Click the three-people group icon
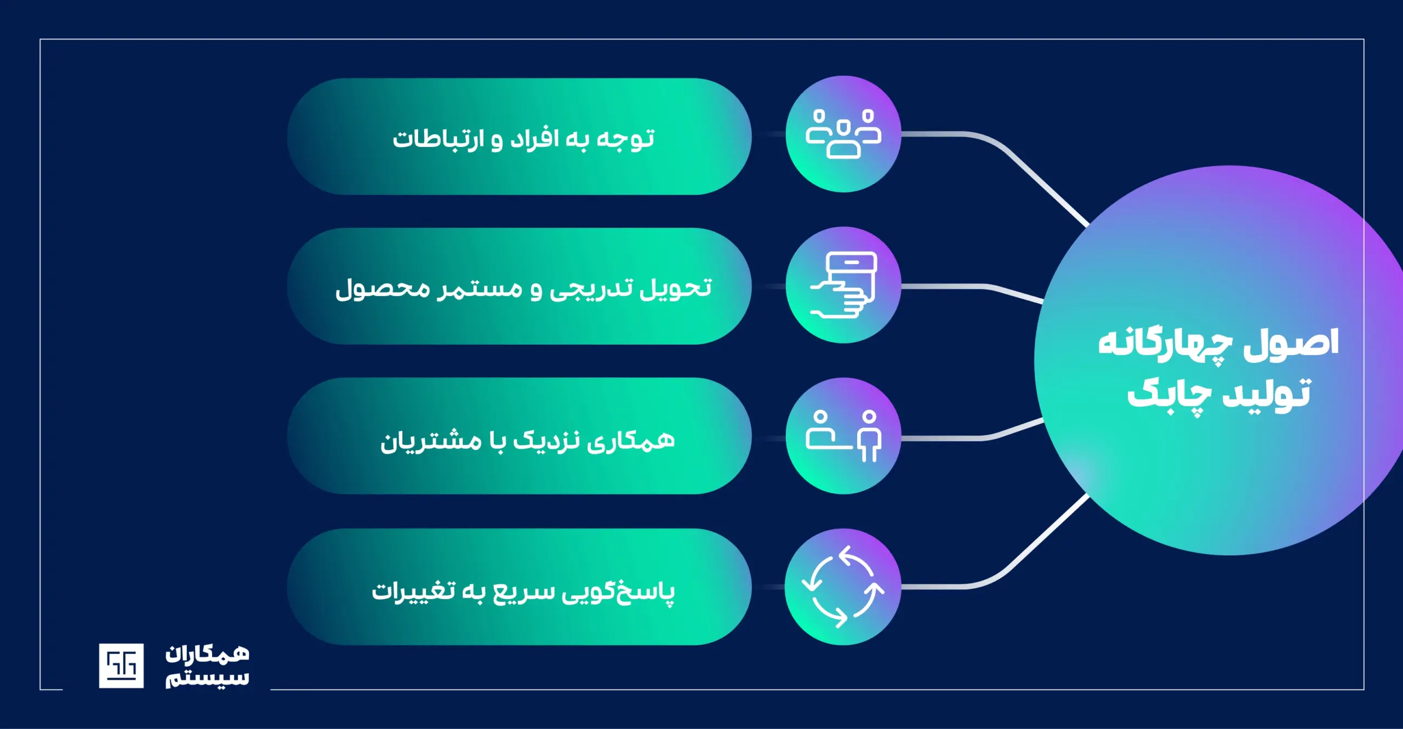(x=843, y=134)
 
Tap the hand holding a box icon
(x=843, y=284)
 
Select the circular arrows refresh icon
(x=843, y=586)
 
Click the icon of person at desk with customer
(x=843, y=436)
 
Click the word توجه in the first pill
(x=625, y=138)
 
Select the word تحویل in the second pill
(x=677, y=288)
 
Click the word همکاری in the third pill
(x=631, y=441)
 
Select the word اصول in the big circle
(x=1291, y=344)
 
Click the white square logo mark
(x=121, y=665)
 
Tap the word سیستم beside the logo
(x=207, y=679)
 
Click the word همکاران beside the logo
(x=207, y=654)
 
